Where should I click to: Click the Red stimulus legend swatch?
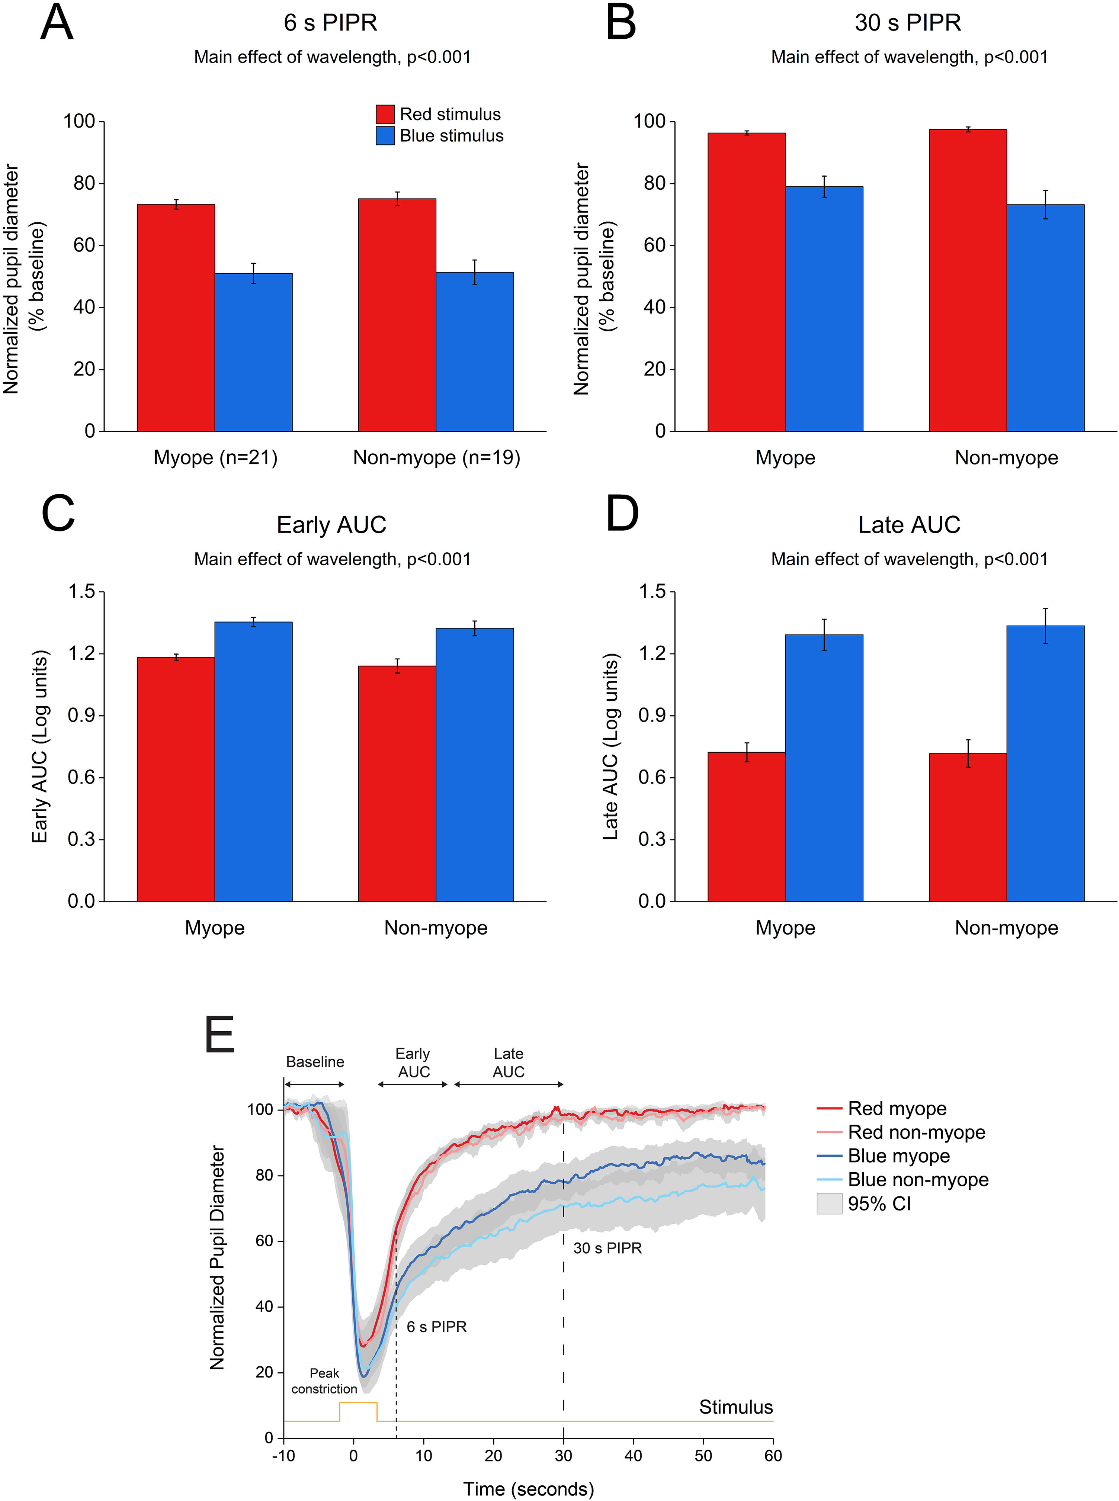point(385,114)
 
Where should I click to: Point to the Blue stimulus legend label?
point(451,136)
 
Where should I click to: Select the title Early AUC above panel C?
point(331,525)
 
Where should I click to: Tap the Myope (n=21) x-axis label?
point(215,458)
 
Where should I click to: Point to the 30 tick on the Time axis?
point(564,1456)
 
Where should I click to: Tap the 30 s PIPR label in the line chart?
point(607,1248)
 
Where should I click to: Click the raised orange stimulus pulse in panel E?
point(357,1403)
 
